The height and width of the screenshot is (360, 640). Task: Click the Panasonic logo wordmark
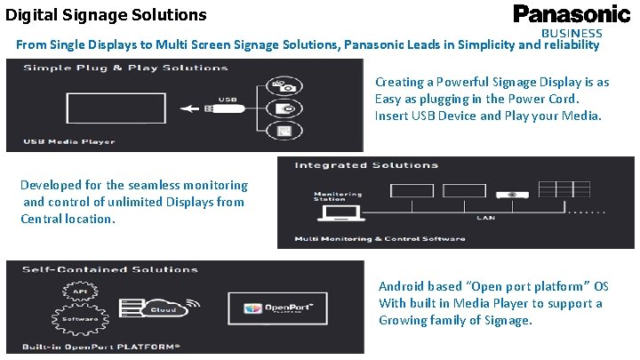[572, 14]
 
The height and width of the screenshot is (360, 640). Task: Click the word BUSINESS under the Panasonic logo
[580, 33]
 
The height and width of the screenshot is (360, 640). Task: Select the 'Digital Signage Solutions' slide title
[106, 14]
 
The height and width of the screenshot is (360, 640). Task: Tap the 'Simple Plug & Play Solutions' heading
[125, 68]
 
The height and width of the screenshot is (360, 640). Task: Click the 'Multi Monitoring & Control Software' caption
[380, 238]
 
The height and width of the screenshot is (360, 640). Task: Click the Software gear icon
[79, 318]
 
